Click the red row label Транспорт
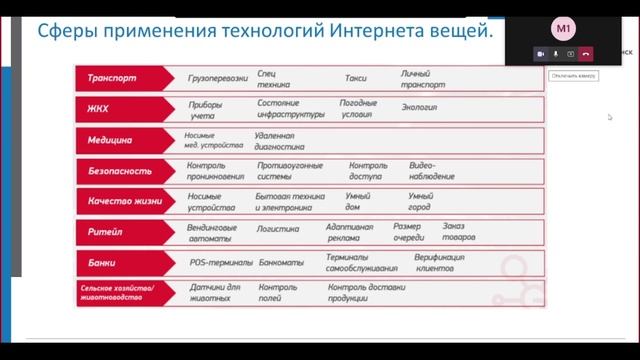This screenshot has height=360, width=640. coord(113,77)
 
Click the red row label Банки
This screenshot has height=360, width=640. coord(103,263)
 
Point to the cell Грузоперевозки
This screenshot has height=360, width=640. coord(218,76)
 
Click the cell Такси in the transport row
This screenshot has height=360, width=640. coord(356,76)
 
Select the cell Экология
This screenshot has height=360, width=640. coord(420,108)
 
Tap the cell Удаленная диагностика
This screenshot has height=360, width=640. coord(274,139)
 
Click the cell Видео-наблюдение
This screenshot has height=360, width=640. coord(431,170)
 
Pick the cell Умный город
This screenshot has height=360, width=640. coord(420,201)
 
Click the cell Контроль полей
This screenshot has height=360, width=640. coord(277,292)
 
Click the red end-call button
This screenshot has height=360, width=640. coord(586,53)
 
